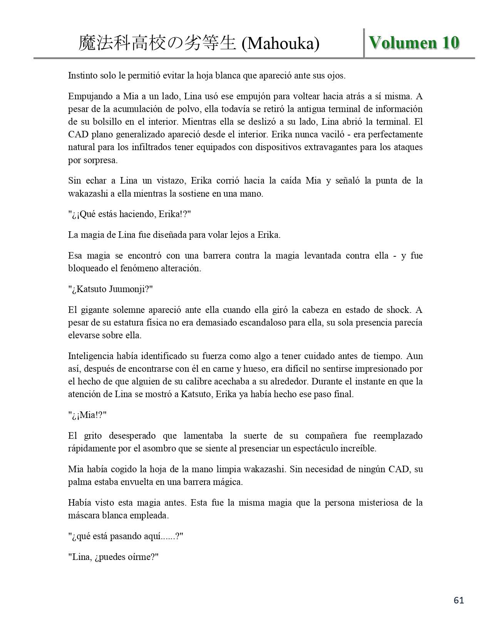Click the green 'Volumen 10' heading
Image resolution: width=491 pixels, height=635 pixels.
[x=414, y=42]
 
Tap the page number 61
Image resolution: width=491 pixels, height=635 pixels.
[x=459, y=600]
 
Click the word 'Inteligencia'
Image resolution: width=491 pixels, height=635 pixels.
[x=91, y=356]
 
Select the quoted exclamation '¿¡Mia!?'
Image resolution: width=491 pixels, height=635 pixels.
[x=87, y=415]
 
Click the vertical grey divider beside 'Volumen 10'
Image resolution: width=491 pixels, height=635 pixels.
[x=364, y=43]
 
